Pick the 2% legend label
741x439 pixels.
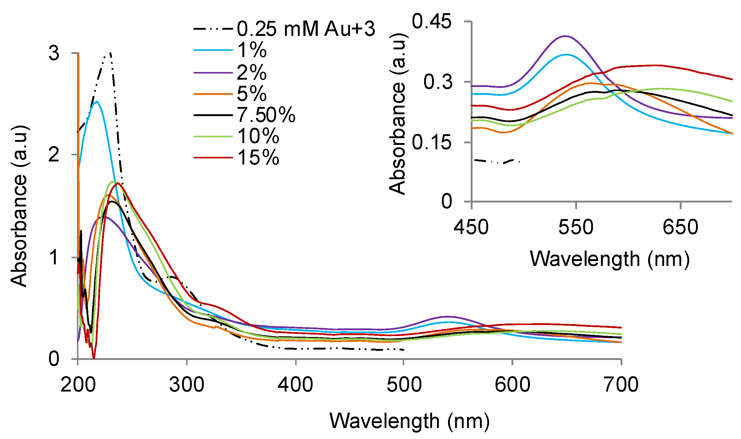point(252,72)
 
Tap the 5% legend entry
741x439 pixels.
point(252,93)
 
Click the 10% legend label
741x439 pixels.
point(258,136)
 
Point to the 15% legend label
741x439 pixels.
point(258,158)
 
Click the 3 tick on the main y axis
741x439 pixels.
point(54,53)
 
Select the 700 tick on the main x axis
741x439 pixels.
point(621,384)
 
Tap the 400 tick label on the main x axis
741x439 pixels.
point(295,384)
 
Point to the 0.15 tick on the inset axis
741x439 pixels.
point(431,142)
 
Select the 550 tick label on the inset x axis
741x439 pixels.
point(576,227)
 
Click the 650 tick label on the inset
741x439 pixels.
point(680,227)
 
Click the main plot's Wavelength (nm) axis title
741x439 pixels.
point(409,421)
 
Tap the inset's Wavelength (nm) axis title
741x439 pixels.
point(610,259)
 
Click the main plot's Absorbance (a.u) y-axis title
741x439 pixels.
point(19,206)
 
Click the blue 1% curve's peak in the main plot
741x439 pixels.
point(97,101)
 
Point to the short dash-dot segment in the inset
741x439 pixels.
point(496,161)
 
